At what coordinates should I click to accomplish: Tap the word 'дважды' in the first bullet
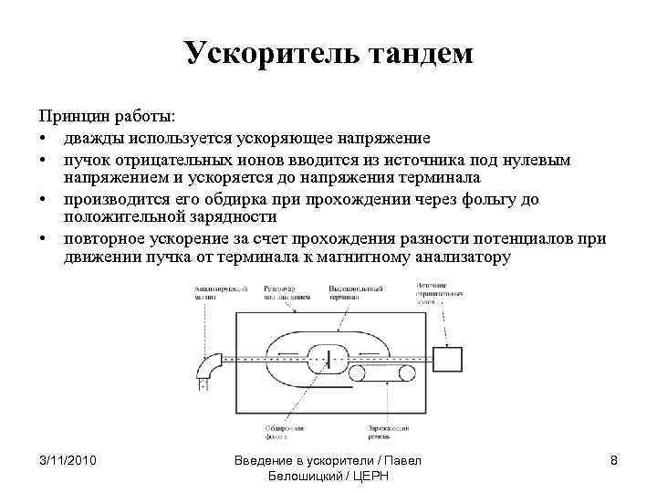pos(95,138)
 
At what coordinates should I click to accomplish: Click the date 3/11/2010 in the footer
pos(68,460)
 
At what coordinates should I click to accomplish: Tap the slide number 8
pos(614,460)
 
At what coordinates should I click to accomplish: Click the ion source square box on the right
pos(449,359)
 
